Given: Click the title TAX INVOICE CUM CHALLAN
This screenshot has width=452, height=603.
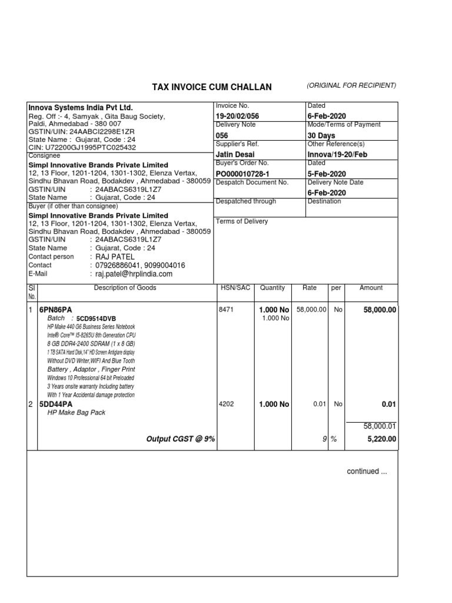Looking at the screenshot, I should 212,87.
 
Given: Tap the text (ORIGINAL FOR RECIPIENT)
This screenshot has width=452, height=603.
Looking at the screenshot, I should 351,86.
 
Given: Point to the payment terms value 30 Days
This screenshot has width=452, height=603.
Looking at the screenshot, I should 321,135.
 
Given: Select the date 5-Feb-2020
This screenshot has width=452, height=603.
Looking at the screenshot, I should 327,173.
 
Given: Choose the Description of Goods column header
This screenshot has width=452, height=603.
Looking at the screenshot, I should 125,288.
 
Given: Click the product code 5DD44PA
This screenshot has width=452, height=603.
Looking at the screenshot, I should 55,405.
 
